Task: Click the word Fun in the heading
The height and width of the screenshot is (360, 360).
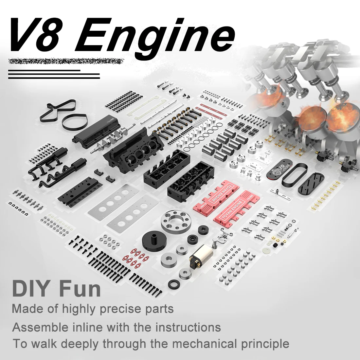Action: point(80,289)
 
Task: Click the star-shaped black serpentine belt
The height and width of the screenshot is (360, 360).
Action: point(58,110)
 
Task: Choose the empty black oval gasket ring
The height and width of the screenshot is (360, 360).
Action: point(294,177)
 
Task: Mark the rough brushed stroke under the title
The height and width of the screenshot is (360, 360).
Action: point(65,61)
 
